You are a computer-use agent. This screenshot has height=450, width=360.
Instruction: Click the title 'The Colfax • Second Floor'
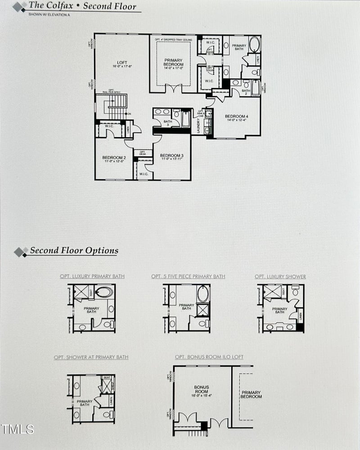pos(82,6)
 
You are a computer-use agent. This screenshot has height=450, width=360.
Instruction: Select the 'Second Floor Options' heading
pos(74,251)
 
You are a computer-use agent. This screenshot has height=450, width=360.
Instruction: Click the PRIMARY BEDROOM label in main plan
pos(173,62)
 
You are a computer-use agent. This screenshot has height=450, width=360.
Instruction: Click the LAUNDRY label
pos(198,125)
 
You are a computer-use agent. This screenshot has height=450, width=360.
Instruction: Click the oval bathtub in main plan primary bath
pos(254,45)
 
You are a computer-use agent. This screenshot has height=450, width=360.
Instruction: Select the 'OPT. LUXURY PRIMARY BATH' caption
pos(92,276)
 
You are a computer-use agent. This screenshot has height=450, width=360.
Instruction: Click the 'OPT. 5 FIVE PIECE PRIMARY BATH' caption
pos(188,276)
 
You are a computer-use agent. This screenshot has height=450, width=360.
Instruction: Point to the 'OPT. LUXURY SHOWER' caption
pos(280,276)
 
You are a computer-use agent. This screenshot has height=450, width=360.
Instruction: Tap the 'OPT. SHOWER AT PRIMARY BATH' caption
pos(91,357)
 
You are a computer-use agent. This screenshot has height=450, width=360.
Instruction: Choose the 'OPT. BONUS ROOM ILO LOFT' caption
pos(209,357)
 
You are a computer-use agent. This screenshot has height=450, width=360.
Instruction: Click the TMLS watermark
pos(17,429)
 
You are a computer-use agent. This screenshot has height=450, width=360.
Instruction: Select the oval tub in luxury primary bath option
pos(104,292)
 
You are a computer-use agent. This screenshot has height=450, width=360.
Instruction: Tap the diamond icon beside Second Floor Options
pos(21,252)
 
